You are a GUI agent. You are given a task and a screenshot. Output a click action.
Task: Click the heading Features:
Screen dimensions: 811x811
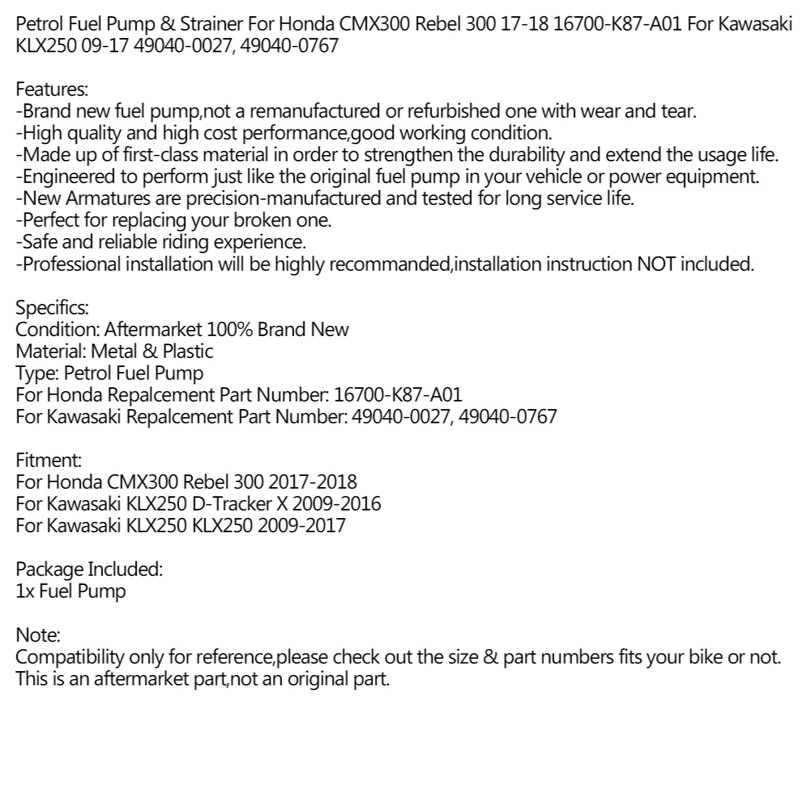click(x=52, y=90)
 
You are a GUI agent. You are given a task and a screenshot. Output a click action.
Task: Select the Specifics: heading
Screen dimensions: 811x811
click(x=52, y=308)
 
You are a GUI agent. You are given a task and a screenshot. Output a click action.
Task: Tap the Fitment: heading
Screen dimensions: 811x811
click(x=49, y=460)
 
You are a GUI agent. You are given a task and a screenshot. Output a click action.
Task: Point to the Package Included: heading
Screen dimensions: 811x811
click(x=89, y=569)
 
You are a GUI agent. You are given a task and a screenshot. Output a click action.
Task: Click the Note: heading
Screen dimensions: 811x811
click(x=38, y=635)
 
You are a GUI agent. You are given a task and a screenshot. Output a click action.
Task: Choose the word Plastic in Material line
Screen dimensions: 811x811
click(x=188, y=351)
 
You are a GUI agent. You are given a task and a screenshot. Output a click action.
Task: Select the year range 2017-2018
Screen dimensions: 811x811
click(x=313, y=482)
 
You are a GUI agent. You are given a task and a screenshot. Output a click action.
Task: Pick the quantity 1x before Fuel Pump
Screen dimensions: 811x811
click(x=25, y=592)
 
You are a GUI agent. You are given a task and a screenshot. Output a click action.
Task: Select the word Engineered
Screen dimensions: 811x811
click(x=69, y=177)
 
